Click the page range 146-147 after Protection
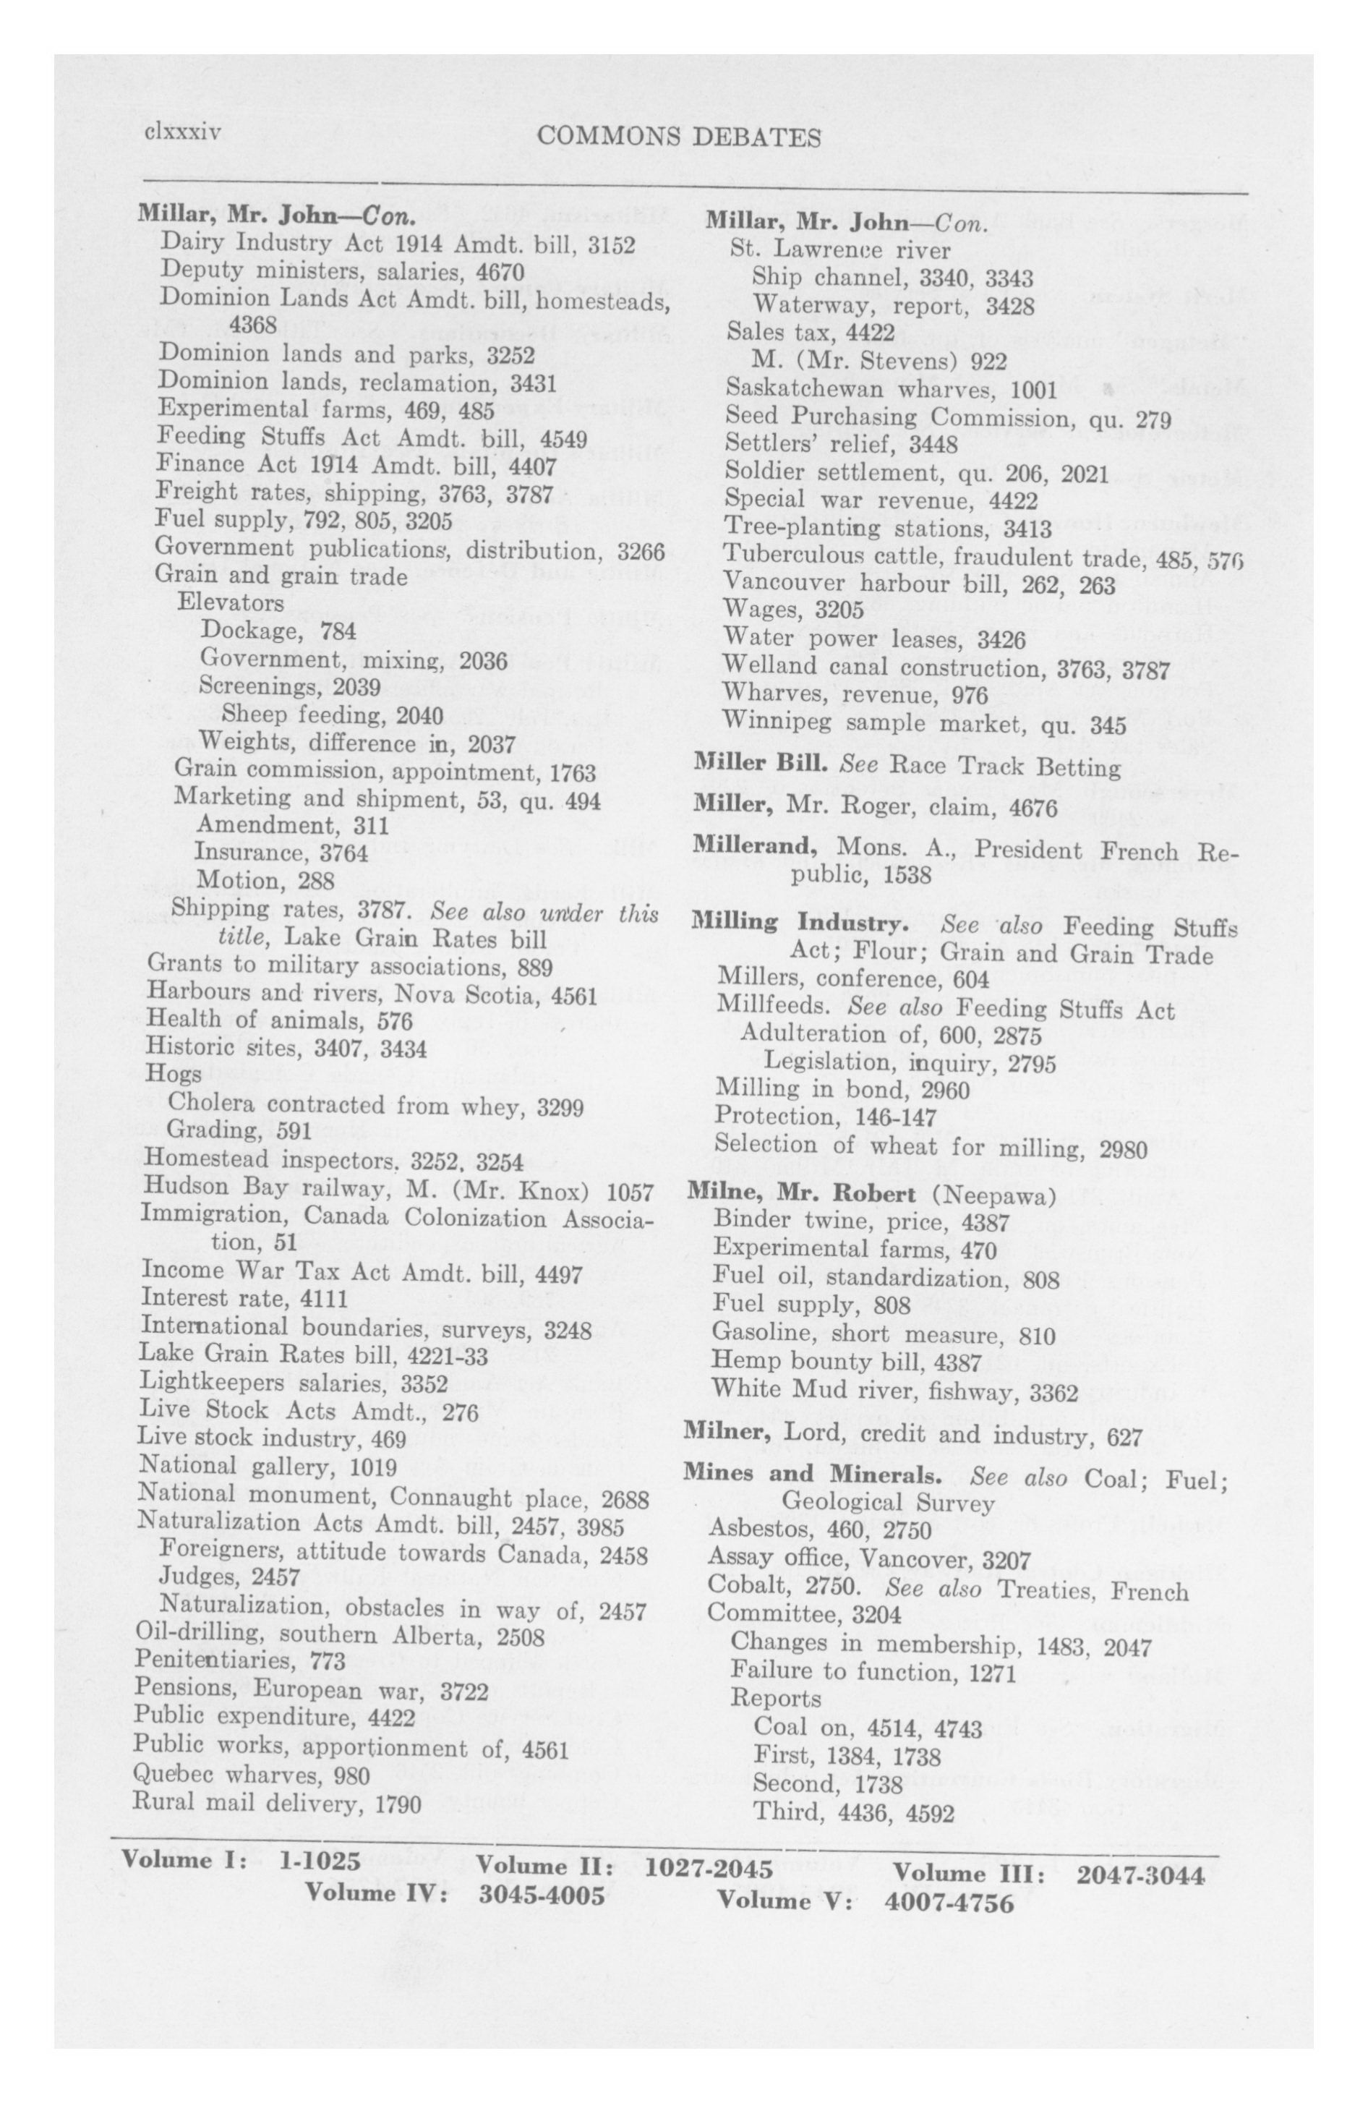tap(894, 1117)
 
